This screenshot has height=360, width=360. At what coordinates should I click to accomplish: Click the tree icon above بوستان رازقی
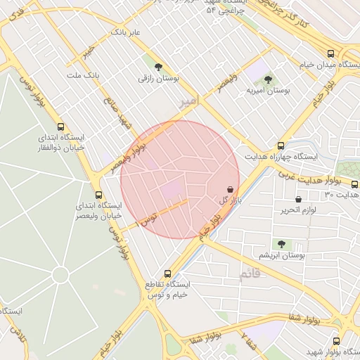(x=159, y=67)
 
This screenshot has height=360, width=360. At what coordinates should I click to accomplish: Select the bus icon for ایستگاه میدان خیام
(x=330, y=53)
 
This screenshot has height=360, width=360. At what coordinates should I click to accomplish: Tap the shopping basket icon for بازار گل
(x=231, y=189)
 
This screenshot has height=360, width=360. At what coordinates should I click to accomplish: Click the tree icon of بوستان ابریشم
(x=281, y=244)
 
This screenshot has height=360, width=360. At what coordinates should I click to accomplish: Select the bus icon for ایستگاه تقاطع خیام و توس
(x=167, y=274)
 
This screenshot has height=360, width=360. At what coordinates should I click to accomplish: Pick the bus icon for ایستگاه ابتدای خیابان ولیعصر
(x=98, y=195)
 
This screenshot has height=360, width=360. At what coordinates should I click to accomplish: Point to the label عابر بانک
(x=125, y=32)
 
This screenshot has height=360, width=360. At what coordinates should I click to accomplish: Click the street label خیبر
(x=87, y=52)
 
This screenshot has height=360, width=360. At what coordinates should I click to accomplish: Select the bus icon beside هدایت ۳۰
(x=354, y=184)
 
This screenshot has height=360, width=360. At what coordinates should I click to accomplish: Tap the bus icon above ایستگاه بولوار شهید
(x=336, y=338)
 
